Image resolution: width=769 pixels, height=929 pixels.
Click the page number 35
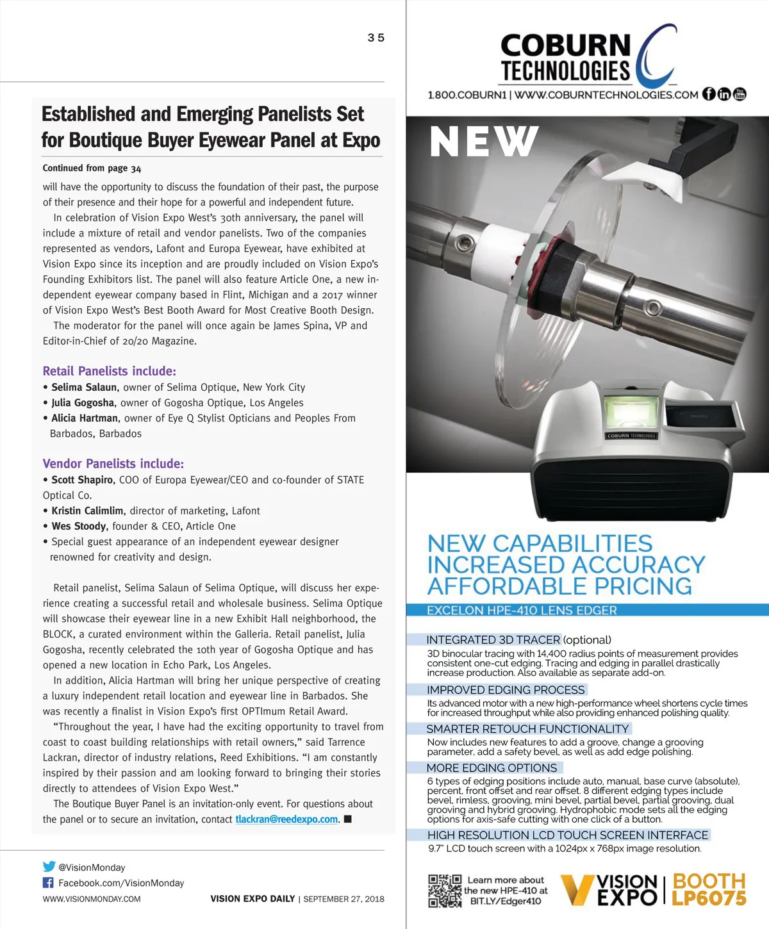(x=376, y=38)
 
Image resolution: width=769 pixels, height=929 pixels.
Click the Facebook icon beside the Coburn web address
(x=709, y=94)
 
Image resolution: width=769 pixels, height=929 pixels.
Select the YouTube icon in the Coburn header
(x=740, y=94)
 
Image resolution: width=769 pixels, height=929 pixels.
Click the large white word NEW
(x=484, y=142)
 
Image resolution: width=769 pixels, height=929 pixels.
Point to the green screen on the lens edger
(x=631, y=413)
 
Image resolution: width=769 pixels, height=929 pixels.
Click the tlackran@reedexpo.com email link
(x=286, y=819)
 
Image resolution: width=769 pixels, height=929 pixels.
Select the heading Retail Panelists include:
(x=109, y=371)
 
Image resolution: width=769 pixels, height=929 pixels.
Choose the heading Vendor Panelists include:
(x=113, y=464)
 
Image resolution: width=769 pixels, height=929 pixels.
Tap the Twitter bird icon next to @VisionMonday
(x=49, y=867)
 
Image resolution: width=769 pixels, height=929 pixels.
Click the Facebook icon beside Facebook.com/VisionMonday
(x=48, y=883)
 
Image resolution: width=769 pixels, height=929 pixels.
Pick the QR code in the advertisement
(x=445, y=891)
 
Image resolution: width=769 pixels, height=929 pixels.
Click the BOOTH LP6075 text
(x=709, y=889)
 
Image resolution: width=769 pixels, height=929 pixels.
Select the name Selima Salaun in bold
(x=84, y=388)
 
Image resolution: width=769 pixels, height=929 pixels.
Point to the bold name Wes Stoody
(x=79, y=527)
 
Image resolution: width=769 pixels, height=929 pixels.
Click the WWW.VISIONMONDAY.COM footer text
(x=92, y=899)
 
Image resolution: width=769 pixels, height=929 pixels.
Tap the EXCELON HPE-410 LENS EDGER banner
(x=522, y=611)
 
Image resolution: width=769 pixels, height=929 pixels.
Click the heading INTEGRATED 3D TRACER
(x=493, y=639)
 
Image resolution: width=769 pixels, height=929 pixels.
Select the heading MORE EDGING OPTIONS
(x=492, y=768)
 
